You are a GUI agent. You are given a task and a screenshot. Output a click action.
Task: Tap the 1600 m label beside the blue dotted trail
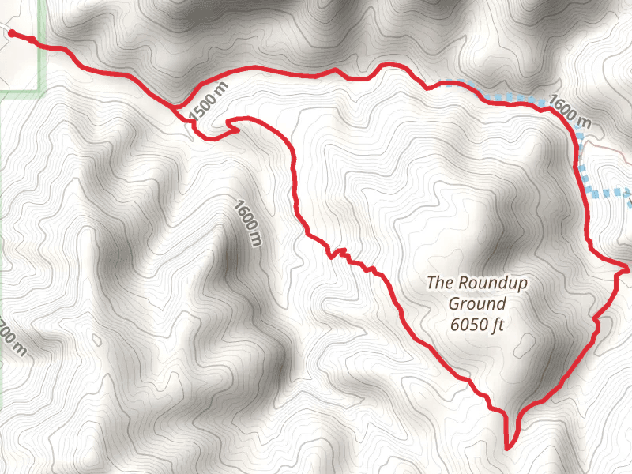click(569, 112)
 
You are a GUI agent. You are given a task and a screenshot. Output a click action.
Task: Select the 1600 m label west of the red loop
click(246, 223)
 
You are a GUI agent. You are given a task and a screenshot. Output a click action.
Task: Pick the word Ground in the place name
click(476, 303)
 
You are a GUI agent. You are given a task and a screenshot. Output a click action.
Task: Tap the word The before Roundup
click(440, 282)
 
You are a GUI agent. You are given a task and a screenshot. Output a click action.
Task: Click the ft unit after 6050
click(498, 324)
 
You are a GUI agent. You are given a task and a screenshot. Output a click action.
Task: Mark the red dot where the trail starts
click(12, 33)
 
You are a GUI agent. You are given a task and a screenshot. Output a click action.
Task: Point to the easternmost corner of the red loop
click(627, 269)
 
